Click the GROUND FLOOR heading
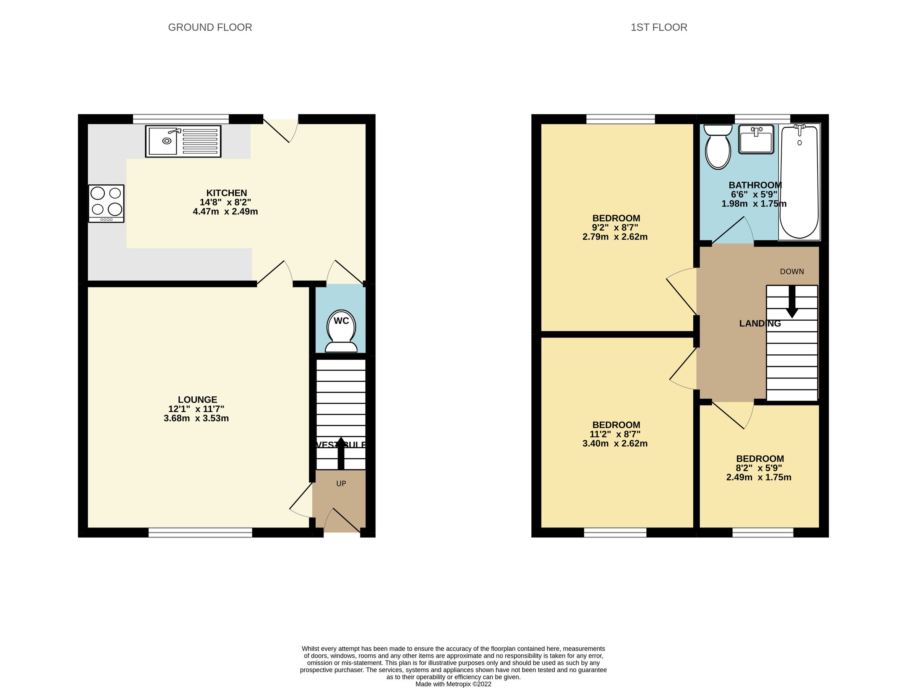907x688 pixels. click(x=210, y=28)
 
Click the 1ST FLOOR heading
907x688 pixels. click(x=659, y=28)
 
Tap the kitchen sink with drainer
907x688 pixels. click(x=183, y=141)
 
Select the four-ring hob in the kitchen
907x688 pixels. click(x=106, y=203)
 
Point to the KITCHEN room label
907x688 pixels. click(x=226, y=193)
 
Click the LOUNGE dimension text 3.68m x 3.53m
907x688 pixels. click(x=196, y=418)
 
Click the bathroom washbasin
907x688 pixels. click(x=756, y=140)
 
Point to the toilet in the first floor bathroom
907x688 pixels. click(x=718, y=147)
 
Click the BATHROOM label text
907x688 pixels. click(x=755, y=185)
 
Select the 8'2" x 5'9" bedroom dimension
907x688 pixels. click(x=759, y=468)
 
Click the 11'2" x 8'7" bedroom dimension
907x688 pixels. click(x=615, y=434)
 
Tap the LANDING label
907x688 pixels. click(x=760, y=323)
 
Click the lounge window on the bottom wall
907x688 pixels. click(x=200, y=532)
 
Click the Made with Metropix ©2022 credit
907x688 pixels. click(x=453, y=684)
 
